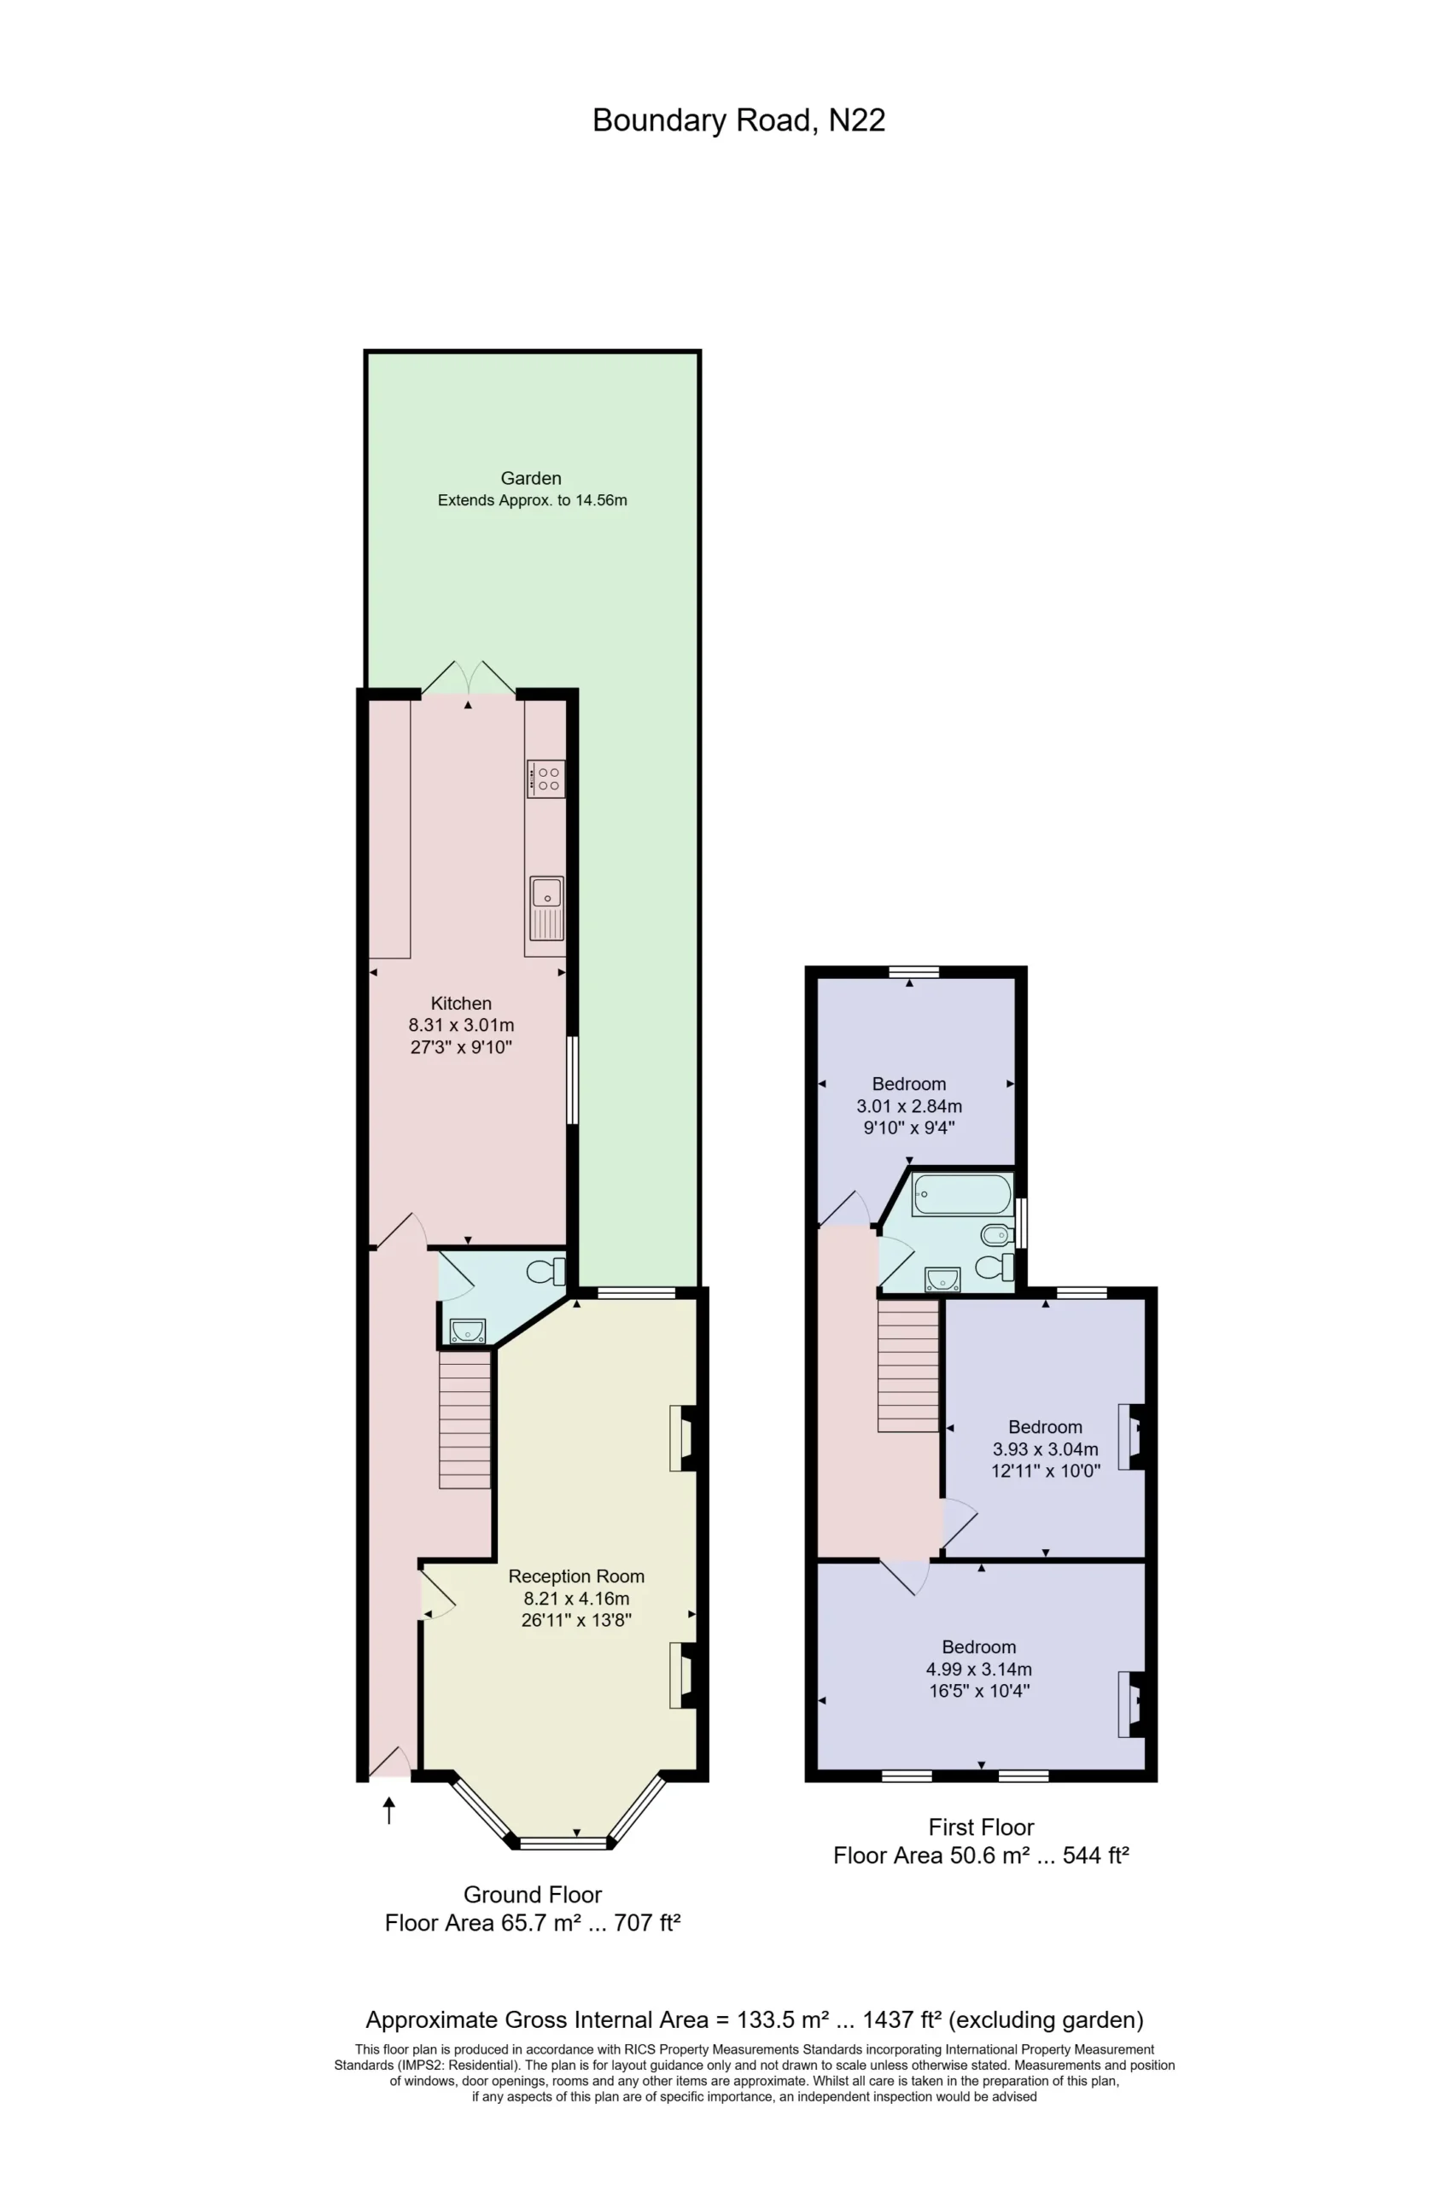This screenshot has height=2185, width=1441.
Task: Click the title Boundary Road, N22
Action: (739, 121)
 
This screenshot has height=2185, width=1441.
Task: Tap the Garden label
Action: (531, 478)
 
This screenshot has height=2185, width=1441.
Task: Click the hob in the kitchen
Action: (545, 778)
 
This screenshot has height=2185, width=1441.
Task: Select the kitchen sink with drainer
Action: (547, 908)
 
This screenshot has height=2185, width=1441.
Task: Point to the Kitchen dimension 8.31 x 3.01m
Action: (461, 1024)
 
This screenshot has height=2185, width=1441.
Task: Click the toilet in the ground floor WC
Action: (547, 1272)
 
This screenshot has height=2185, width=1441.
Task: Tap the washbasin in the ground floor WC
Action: (468, 1330)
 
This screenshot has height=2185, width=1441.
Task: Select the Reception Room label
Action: (576, 1576)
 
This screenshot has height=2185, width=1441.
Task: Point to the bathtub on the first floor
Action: (962, 1194)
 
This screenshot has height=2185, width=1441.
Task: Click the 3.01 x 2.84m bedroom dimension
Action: (909, 1106)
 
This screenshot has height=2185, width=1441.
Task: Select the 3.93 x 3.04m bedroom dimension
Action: (1045, 1449)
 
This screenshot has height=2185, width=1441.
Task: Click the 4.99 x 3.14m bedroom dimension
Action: (979, 1669)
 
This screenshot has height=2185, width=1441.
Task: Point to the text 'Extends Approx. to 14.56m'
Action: (532, 501)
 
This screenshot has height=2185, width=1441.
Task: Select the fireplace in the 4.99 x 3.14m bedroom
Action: (1131, 1704)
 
